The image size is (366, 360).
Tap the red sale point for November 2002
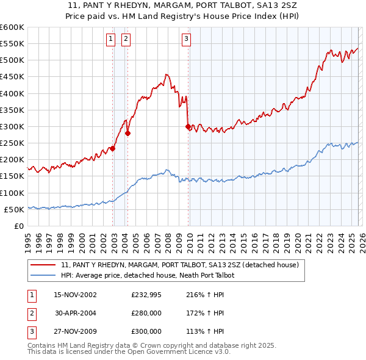(113, 148)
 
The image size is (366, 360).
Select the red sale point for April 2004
(128, 133)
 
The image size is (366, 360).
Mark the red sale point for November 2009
(188, 127)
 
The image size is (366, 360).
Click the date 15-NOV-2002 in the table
(75, 295)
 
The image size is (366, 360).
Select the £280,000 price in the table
(146, 313)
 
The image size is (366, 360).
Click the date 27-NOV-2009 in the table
(75, 331)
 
